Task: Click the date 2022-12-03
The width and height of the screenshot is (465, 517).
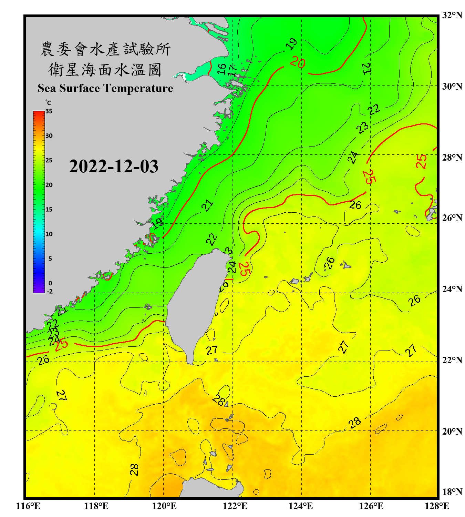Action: pyautogui.click(x=114, y=166)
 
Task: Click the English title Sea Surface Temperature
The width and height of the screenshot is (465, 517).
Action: pyautogui.click(x=105, y=88)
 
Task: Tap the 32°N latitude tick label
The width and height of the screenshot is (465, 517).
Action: pyautogui.click(x=452, y=15)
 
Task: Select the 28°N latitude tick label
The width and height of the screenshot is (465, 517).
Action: pyautogui.click(x=452, y=158)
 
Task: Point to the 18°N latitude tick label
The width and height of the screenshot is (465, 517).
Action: pyautogui.click(x=452, y=492)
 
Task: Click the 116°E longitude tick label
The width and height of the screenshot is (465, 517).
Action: pyautogui.click(x=28, y=506)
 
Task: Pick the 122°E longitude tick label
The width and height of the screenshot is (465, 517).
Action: pyautogui.click(x=235, y=506)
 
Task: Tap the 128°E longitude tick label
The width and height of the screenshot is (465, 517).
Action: pyautogui.click(x=437, y=506)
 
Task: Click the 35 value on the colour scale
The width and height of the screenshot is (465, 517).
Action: pyautogui.click(x=49, y=111)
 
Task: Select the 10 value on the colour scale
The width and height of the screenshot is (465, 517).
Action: pyautogui.click(x=49, y=234)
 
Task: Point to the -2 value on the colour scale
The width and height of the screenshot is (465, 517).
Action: pyautogui.click(x=50, y=291)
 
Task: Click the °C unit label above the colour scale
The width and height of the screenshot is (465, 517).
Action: pyautogui.click(x=48, y=103)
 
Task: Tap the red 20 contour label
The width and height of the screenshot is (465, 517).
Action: pyautogui.click(x=297, y=62)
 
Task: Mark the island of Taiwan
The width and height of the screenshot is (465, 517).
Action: pyautogui.click(x=195, y=303)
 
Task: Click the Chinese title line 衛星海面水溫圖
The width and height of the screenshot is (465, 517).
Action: pyautogui.click(x=105, y=70)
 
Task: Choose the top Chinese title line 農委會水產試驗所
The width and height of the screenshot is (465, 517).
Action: pyautogui.click(x=105, y=49)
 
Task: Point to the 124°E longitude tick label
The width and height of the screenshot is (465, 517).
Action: pyautogui.click(x=301, y=506)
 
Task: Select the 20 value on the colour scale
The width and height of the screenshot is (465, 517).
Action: pyautogui.click(x=49, y=185)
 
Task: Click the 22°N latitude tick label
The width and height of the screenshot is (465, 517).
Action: pyautogui.click(x=452, y=360)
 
